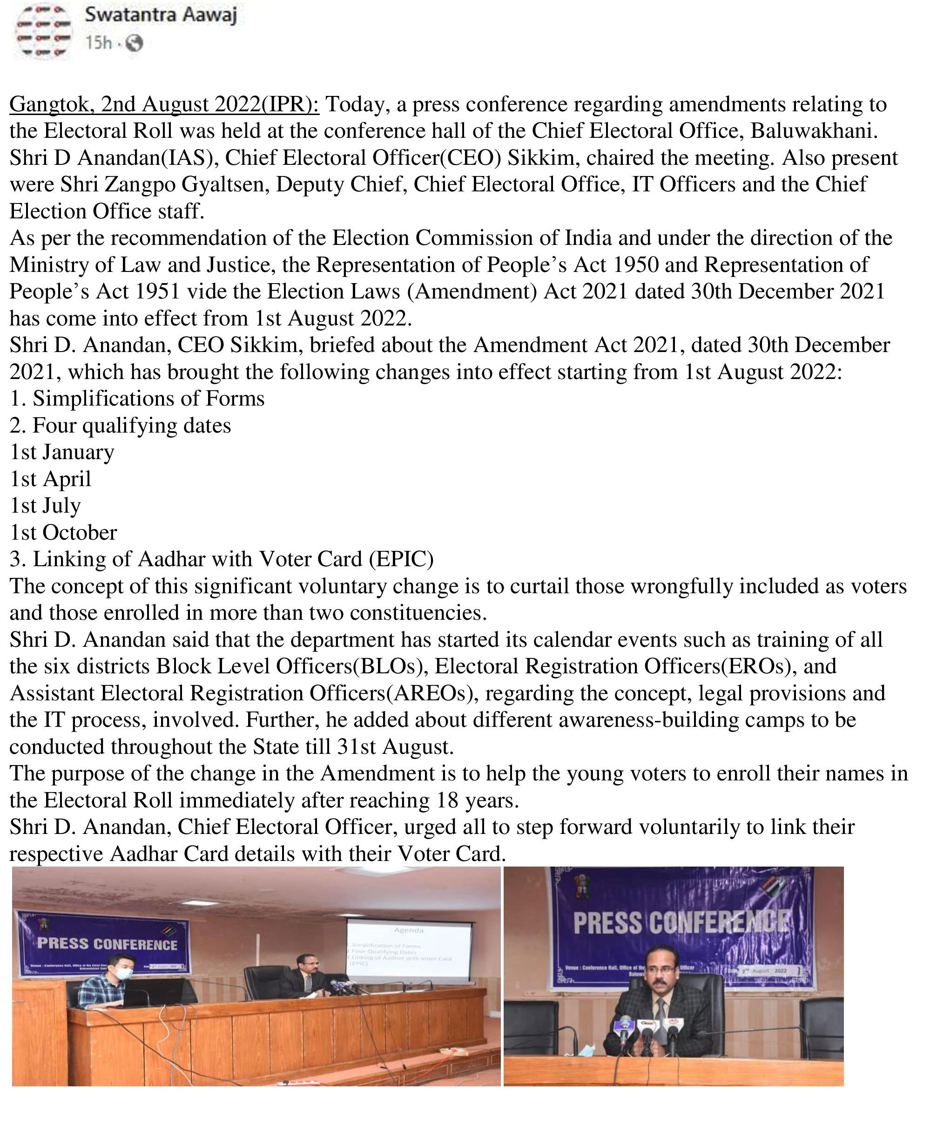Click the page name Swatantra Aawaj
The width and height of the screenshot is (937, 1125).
tap(160, 15)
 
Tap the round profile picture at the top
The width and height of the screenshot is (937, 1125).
tap(43, 33)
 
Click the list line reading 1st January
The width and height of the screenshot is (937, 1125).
tap(61, 452)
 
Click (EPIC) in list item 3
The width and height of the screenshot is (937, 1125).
tap(401, 559)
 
